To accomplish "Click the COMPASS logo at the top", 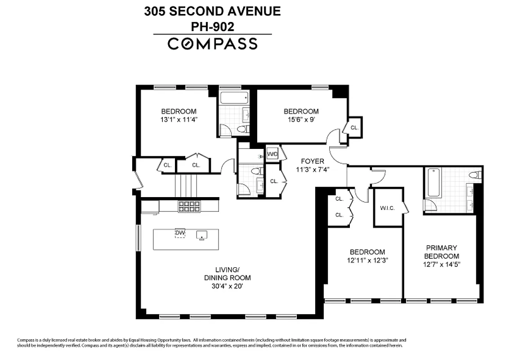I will tap(212, 44).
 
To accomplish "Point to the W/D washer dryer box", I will tap(273, 154).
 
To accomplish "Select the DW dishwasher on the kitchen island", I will tap(180, 233).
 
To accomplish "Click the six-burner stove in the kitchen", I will tap(189, 206).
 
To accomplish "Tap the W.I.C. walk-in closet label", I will tap(387, 208).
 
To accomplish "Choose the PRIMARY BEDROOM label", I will tap(441, 252).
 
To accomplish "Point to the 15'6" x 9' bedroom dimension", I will tap(301, 120).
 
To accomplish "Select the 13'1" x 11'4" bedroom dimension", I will tap(179, 120).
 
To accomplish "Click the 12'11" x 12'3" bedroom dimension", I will tap(367, 260).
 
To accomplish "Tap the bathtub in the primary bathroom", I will tap(434, 182).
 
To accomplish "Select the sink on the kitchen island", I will tap(201, 234).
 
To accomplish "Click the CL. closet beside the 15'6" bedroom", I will tap(354, 128).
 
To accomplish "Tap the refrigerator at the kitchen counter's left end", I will tap(150, 206).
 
